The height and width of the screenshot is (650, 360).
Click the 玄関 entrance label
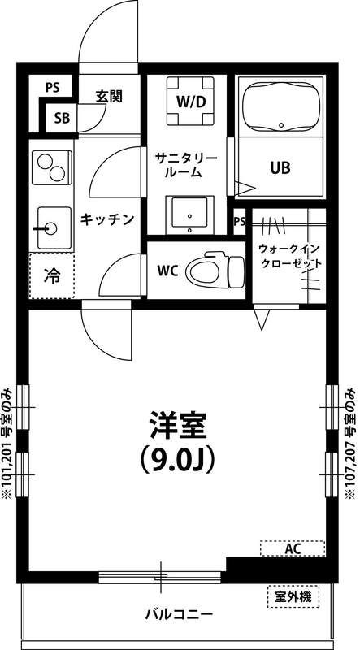[109, 96]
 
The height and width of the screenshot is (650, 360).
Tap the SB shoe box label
[62, 119]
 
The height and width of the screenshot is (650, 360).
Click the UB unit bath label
[280, 169]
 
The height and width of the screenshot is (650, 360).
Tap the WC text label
[167, 269]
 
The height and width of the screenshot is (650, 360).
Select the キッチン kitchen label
[106, 219]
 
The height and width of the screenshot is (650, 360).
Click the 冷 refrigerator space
[51, 275]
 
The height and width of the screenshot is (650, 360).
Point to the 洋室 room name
[179, 425]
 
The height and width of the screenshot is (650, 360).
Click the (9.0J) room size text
[179, 461]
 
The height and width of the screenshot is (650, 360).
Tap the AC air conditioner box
[293, 549]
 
